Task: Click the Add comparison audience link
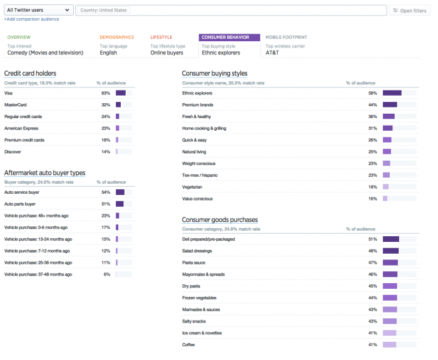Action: click(x=32, y=19)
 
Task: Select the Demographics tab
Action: click(x=116, y=37)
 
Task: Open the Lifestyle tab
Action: click(x=161, y=37)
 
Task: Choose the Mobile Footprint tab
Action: click(x=286, y=37)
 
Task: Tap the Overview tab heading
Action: click(x=19, y=37)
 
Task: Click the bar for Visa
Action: click(x=121, y=93)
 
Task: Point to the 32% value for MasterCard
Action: click(x=106, y=104)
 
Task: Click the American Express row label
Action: click(x=21, y=128)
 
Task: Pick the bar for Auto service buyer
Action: click(x=120, y=192)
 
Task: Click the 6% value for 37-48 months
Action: click(x=107, y=274)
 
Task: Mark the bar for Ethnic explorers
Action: click(x=392, y=93)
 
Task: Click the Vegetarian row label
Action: click(x=192, y=187)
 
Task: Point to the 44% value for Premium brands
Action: click(x=372, y=104)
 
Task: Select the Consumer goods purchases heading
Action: click(x=220, y=219)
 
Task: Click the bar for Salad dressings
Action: click(x=390, y=251)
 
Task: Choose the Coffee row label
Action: click(x=189, y=344)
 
